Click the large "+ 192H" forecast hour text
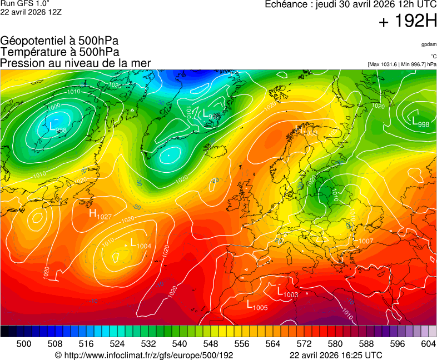pos(408,22)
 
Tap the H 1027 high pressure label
pos(100,214)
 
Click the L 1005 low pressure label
pos(257,306)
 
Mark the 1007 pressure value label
pos(366,241)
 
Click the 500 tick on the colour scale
pos(24,344)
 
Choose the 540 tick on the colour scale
pos(179,344)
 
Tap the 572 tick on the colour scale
pos(304,344)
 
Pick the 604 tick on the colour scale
pos(428,344)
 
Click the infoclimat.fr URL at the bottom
pos(144,355)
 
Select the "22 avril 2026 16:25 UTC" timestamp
pos(336,355)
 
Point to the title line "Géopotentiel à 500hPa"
pos(59,41)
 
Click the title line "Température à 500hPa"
pos(59,52)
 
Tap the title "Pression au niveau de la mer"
pos(76,63)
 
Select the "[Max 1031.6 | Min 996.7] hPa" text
pos(402,64)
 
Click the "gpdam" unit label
pos(429,44)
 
